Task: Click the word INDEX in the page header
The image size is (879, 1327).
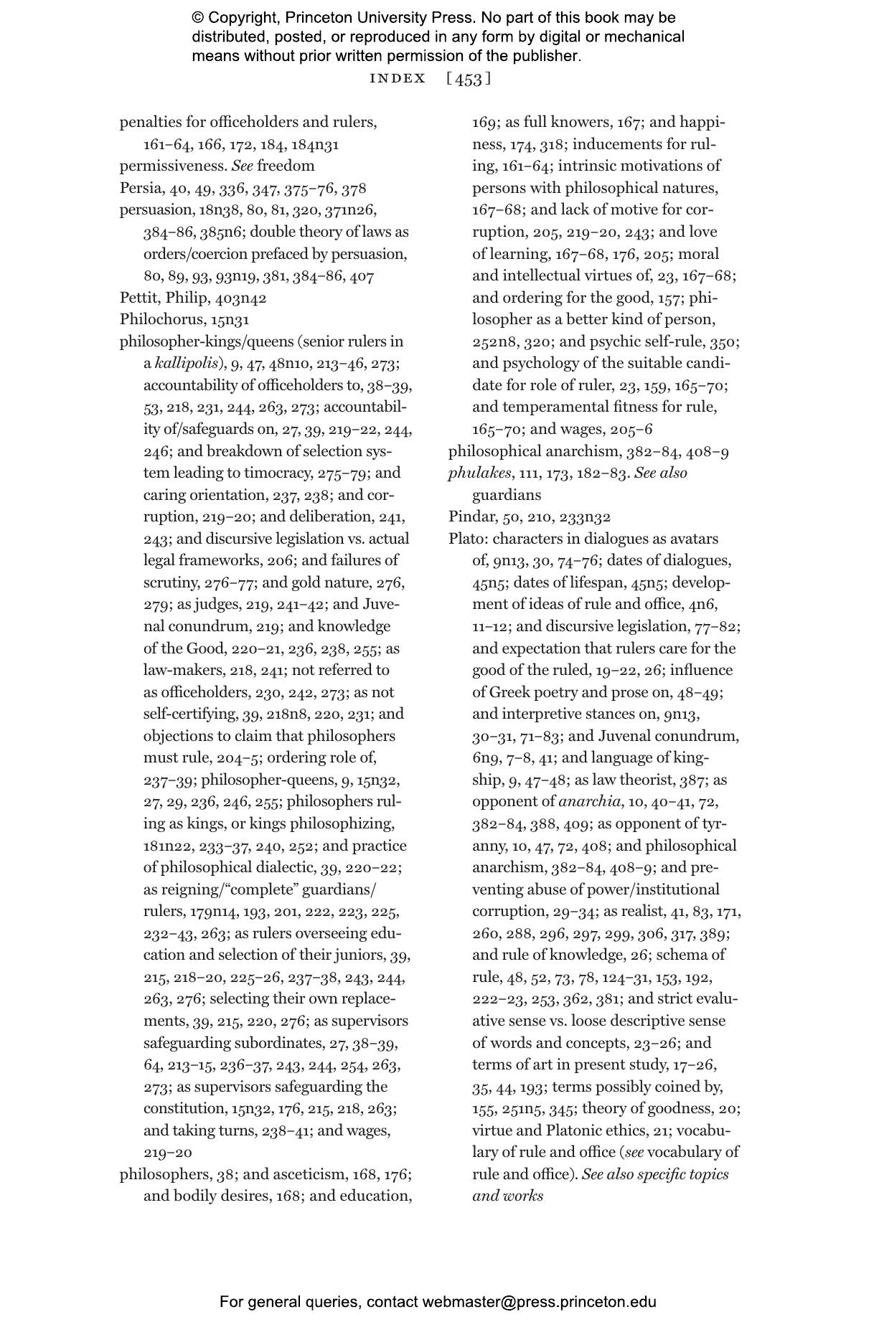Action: (x=398, y=79)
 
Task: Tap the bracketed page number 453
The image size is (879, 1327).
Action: (x=469, y=79)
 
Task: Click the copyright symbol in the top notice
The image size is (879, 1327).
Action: (x=198, y=18)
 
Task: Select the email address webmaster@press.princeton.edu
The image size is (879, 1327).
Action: (x=539, y=1302)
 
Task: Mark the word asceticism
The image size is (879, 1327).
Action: (x=309, y=1174)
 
